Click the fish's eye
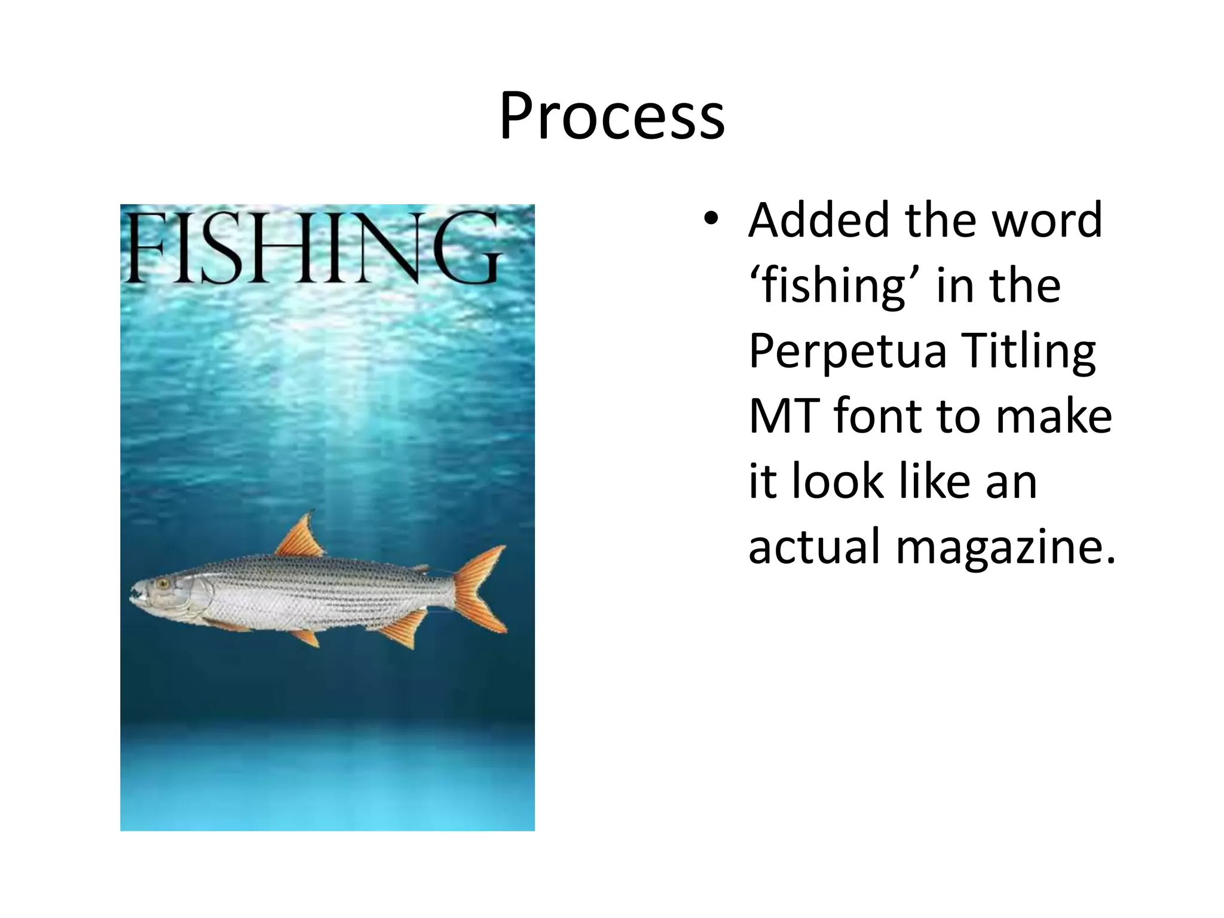point(162,583)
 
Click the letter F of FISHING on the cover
point(143,249)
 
